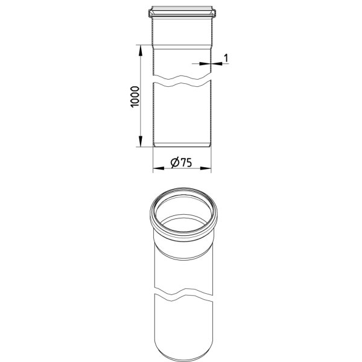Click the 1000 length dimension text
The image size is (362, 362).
(135, 97)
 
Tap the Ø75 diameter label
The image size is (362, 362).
(181, 162)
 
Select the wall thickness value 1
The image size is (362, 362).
(226, 58)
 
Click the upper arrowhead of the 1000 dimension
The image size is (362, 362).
(140, 50)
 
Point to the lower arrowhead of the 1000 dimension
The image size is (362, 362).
(140, 141)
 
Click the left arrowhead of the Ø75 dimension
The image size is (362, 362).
(158, 168)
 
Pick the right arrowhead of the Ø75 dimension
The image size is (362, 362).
(206, 168)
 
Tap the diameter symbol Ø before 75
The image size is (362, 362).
(175, 162)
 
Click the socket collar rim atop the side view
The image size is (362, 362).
(182, 13)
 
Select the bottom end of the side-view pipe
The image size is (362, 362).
(182, 145)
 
